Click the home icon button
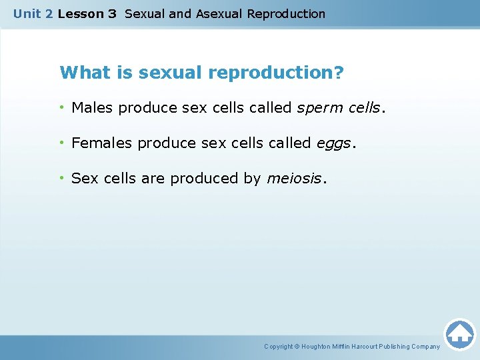click(459, 333)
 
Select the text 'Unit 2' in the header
click(33, 14)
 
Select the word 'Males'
click(93, 108)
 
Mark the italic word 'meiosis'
click(294, 179)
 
